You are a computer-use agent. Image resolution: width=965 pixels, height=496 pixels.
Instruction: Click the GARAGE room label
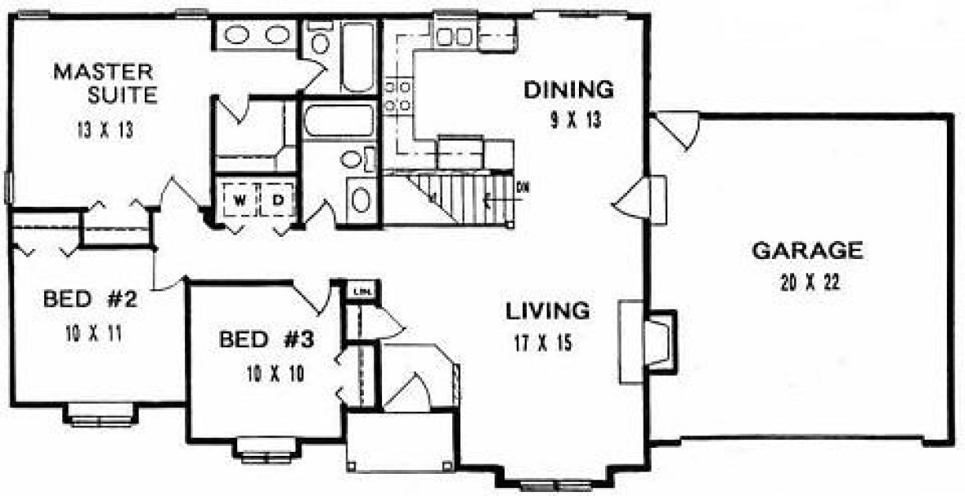pos(806,250)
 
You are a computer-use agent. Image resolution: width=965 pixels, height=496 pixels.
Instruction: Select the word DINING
pos(568,87)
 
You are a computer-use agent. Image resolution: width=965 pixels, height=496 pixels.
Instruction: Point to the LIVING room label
pos(547,311)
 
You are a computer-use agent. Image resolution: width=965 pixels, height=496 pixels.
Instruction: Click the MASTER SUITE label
pos(105,83)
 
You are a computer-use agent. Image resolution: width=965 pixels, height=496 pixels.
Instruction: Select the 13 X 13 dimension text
pos(101,128)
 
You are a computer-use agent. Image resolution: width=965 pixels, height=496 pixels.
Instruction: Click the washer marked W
pos(240,199)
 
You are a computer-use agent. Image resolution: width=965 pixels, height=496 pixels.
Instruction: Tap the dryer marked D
pos(278,199)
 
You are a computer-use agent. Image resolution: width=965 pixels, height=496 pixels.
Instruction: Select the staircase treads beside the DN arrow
pos(462,200)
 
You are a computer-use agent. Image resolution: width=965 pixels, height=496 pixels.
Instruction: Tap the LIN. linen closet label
pos(360,291)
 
